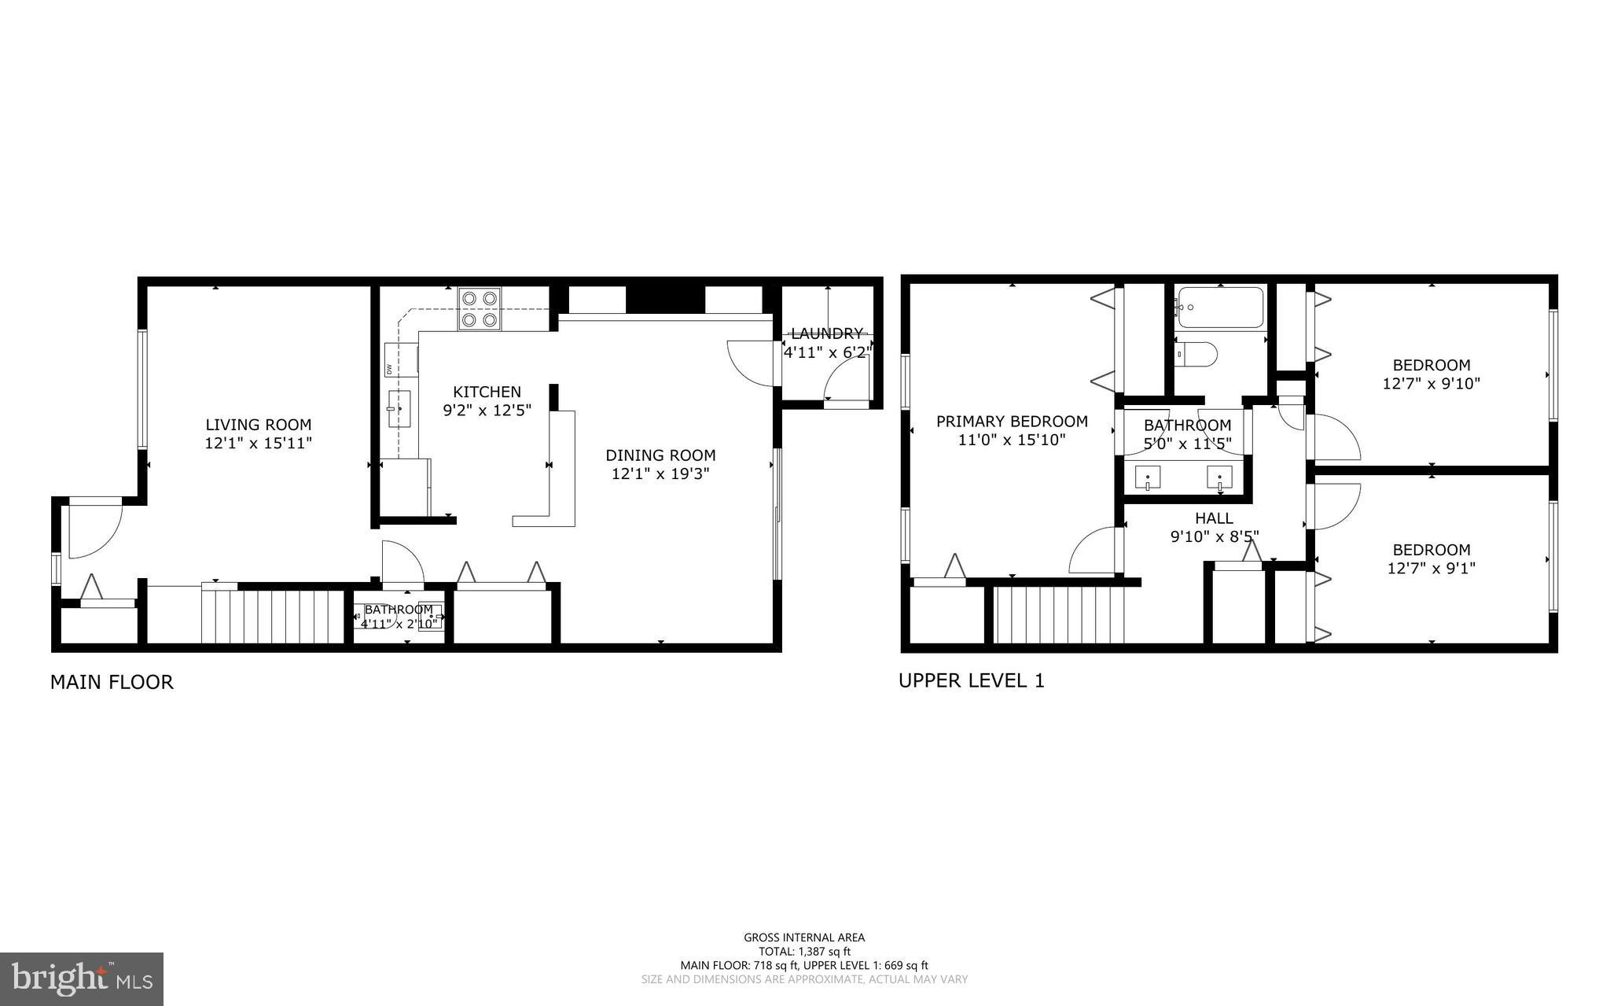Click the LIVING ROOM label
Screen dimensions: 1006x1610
tap(258, 425)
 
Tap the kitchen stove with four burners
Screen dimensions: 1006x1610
tap(480, 309)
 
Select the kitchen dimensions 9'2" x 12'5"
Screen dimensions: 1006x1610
tap(487, 410)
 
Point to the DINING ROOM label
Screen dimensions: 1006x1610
tap(660, 455)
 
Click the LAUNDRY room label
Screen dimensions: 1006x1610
tap(826, 333)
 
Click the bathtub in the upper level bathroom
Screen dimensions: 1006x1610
tap(1220, 308)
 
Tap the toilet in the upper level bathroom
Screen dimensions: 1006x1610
tap(1197, 355)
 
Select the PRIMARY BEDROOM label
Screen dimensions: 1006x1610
tap(1012, 422)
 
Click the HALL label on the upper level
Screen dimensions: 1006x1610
tap(1214, 518)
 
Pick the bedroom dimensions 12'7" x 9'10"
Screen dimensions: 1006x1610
tap(1431, 384)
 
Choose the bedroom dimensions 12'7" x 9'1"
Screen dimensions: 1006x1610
tap(1431, 568)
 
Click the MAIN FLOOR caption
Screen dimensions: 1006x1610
tap(112, 682)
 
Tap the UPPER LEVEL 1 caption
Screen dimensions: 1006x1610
tap(971, 680)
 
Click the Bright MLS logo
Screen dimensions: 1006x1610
tap(82, 978)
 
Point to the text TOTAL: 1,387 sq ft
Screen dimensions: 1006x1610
tap(804, 951)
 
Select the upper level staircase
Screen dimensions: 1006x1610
tap(1058, 616)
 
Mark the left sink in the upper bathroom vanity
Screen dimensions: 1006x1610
tap(1149, 477)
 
